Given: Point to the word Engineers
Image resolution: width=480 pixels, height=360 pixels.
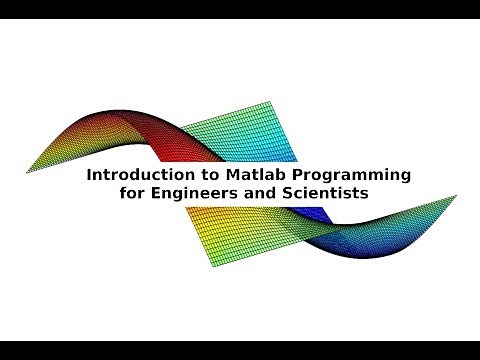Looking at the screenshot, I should pos(194,194).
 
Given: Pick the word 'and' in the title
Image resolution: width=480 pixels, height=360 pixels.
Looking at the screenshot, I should pos(254,194).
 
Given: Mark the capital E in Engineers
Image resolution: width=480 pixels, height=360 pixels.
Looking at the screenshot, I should pos(159,194).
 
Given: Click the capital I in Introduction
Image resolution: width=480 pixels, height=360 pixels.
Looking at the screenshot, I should pos(91,175).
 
